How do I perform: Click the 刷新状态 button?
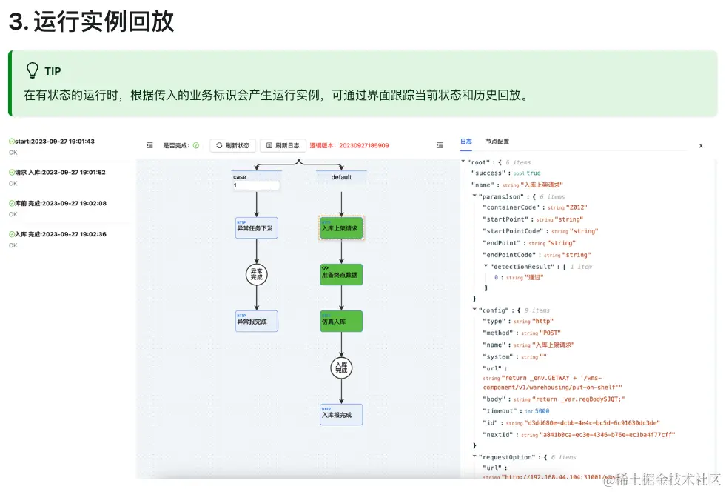click(232, 146)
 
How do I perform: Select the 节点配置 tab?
click(497, 142)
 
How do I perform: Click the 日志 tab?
click(466, 142)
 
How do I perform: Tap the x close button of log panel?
click(701, 146)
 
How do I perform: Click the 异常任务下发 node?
click(256, 228)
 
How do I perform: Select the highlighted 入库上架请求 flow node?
click(341, 228)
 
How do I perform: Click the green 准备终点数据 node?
click(341, 274)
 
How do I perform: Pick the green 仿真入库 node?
click(341, 321)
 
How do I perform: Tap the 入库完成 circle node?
click(341, 367)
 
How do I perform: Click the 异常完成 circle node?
click(256, 274)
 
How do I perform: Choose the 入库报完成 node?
click(341, 414)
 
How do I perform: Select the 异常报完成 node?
click(256, 321)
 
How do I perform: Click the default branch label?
click(341, 177)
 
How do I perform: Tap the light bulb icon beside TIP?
click(33, 71)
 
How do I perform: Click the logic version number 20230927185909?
click(360, 146)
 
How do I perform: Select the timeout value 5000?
click(542, 410)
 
